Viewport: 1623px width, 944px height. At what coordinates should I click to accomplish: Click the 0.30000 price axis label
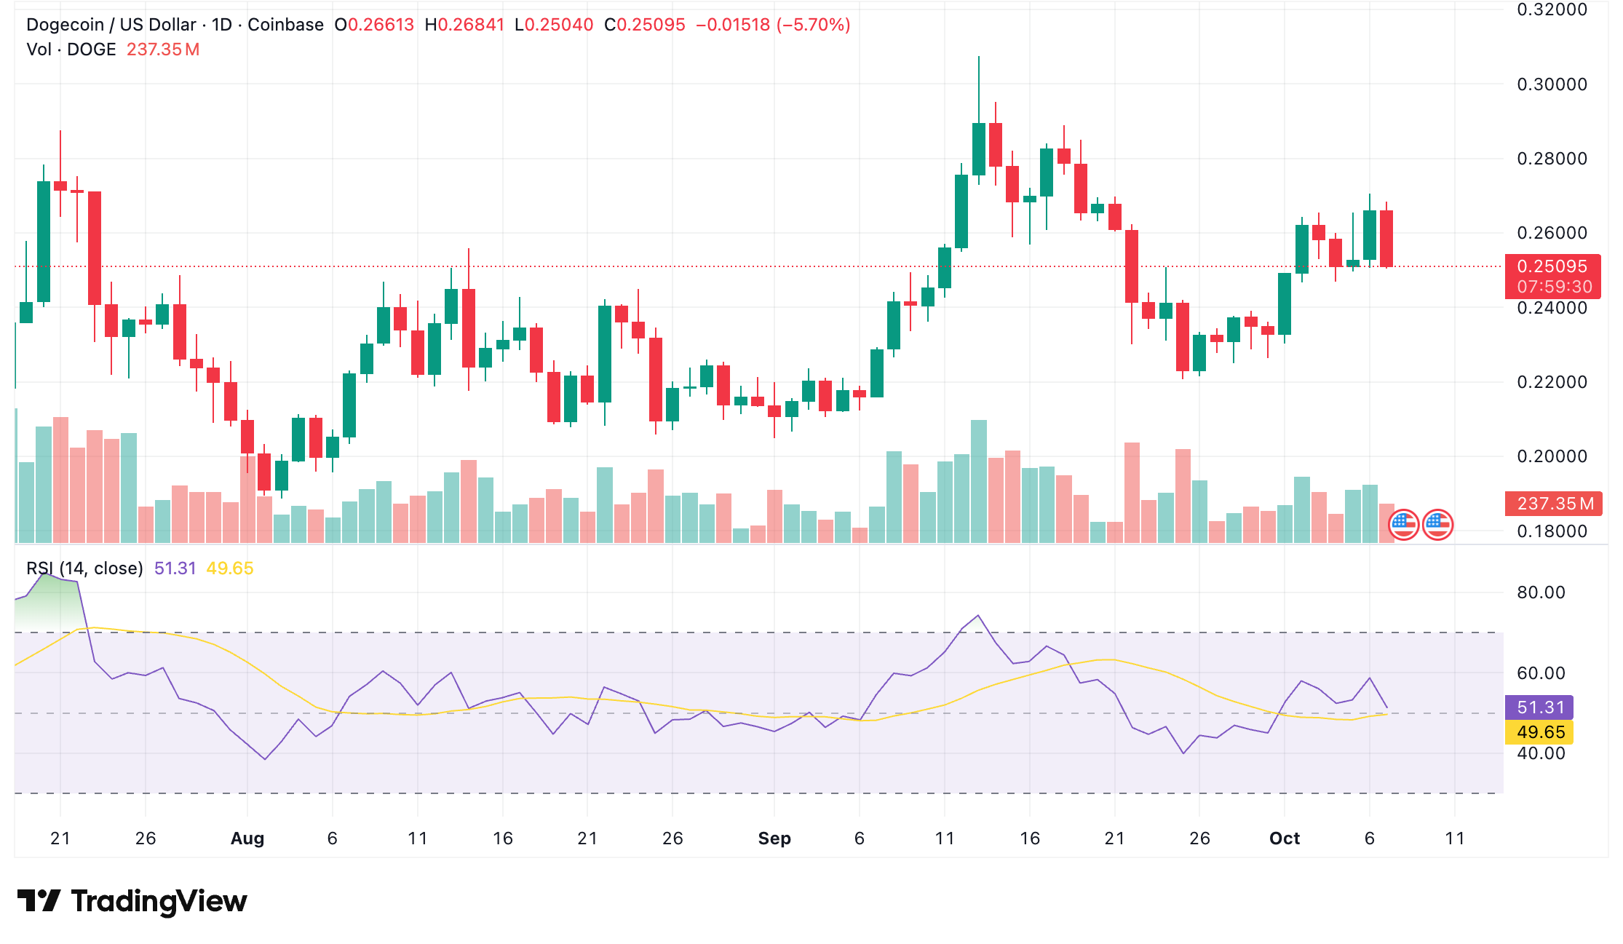click(x=1551, y=84)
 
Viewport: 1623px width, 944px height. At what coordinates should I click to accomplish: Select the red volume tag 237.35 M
click(x=1553, y=504)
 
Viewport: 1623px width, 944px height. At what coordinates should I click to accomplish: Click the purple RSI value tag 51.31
click(x=1540, y=707)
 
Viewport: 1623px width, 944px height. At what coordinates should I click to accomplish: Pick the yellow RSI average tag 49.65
click(x=1540, y=732)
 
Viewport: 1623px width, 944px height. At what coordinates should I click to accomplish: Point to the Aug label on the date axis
click(x=247, y=838)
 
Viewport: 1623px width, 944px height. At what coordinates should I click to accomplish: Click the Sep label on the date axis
click(x=774, y=838)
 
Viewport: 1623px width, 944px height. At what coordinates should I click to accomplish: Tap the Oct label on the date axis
click(x=1285, y=838)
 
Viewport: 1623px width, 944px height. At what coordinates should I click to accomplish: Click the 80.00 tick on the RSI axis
click(x=1540, y=592)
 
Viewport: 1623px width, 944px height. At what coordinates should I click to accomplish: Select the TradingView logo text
click(x=159, y=901)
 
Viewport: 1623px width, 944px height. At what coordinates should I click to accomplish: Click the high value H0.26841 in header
click(x=464, y=25)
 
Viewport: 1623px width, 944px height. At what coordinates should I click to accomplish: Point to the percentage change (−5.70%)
click(x=814, y=25)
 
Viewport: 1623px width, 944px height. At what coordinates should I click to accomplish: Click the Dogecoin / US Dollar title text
click(x=111, y=25)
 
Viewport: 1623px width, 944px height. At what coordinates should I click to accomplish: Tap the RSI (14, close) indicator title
click(x=84, y=568)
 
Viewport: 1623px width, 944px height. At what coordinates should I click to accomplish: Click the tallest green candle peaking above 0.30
click(x=979, y=149)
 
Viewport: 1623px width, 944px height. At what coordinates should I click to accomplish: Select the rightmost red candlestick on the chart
click(x=1386, y=239)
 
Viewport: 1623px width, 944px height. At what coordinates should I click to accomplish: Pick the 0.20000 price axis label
click(x=1551, y=456)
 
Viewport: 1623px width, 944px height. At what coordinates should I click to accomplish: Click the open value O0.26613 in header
click(x=374, y=25)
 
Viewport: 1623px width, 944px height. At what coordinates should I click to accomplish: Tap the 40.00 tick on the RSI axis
click(x=1540, y=753)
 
